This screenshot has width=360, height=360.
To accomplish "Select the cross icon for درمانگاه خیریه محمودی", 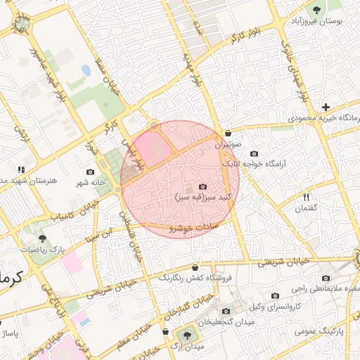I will click(x=325, y=107).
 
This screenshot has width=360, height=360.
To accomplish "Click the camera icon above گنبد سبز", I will click(x=203, y=186).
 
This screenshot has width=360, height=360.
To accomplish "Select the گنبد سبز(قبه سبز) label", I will click(x=203, y=198).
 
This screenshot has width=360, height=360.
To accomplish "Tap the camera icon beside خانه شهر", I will click(x=90, y=172).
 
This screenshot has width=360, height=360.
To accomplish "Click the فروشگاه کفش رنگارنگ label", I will click(x=200, y=278).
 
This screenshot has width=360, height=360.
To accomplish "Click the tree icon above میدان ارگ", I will click(x=186, y=335).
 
